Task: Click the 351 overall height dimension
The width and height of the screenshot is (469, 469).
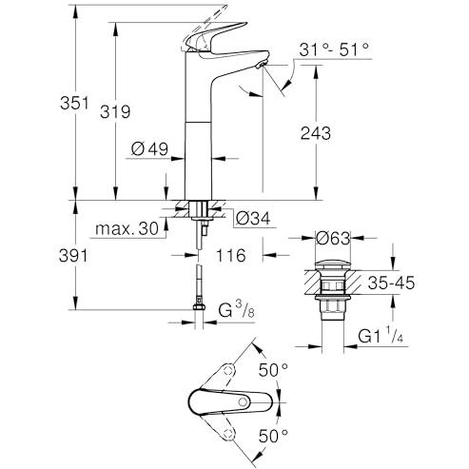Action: point(74,103)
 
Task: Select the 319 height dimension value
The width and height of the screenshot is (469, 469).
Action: point(115,111)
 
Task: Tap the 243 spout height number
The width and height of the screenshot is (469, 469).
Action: point(316,133)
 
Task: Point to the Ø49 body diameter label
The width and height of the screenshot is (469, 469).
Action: point(149,148)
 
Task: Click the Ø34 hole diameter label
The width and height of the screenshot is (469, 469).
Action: point(253,218)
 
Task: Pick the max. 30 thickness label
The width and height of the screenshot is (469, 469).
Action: point(127,228)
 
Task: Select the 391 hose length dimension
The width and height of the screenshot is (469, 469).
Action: point(73,256)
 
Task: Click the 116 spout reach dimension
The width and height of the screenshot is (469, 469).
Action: point(231,255)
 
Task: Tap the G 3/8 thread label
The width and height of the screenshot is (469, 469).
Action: point(237,310)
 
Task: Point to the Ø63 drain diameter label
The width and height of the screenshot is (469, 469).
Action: point(333,238)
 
